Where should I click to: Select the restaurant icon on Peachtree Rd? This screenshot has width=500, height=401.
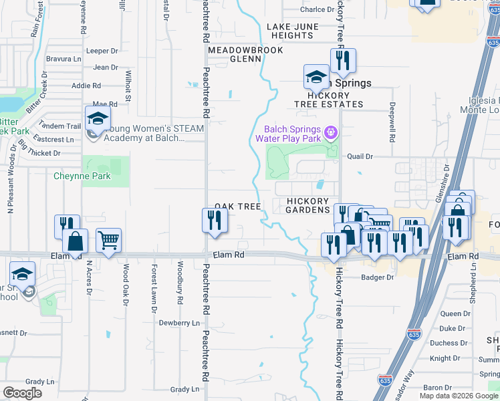(214, 221)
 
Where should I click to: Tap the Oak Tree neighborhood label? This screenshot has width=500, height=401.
(237, 207)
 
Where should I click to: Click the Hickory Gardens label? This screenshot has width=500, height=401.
(308, 205)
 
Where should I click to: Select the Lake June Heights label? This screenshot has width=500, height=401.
(289, 31)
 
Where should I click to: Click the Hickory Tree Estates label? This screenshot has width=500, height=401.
(330, 100)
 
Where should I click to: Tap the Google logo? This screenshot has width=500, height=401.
(22, 393)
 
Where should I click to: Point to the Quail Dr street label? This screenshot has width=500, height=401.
(360, 156)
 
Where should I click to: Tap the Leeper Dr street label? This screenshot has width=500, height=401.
(102, 51)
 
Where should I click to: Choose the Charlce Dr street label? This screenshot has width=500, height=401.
(317, 9)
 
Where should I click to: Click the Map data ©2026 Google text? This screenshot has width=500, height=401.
(459, 396)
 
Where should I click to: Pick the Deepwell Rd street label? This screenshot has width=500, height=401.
(392, 123)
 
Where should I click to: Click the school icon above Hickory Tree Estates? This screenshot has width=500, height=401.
(316, 78)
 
